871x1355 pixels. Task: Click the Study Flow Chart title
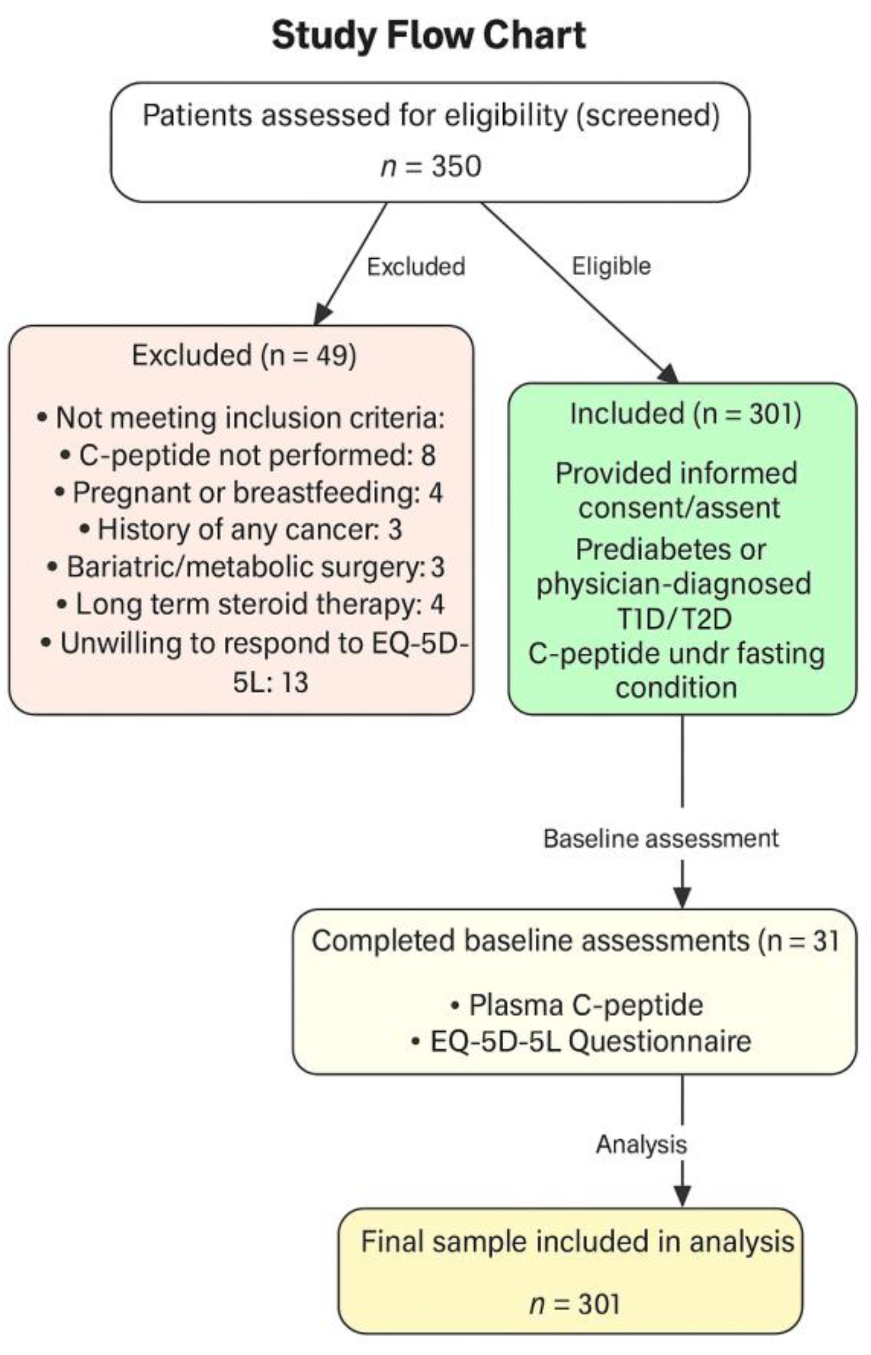tap(429, 35)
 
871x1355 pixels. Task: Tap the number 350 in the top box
tap(456, 167)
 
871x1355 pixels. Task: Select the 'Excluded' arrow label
tap(415, 266)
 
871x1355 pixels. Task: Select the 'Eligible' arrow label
tap(611, 266)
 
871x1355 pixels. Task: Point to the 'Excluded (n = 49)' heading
tap(244, 356)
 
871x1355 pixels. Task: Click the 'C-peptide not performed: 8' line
tap(249, 455)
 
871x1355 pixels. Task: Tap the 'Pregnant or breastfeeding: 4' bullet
tap(249, 493)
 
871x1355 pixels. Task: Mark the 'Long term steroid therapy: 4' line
tap(252, 604)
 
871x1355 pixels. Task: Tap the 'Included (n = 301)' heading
tap(685, 414)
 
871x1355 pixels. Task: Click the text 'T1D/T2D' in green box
tap(675, 619)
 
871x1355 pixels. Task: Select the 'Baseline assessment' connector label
tap(660, 838)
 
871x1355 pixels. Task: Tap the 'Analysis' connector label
tap(641, 1144)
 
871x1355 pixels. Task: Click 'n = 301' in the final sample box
tap(574, 1304)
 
